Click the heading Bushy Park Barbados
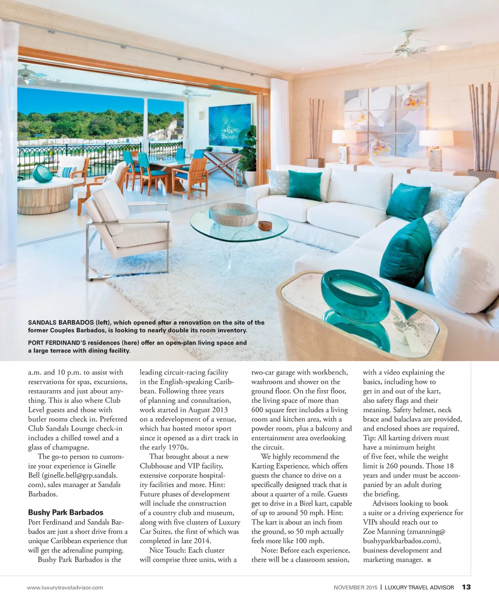pos(65,512)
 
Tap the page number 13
pos(466,587)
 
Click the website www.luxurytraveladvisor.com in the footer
pos(65,587)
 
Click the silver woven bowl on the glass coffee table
pos(233,214)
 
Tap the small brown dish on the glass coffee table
pos(265,226)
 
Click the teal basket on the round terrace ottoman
pos(42,173)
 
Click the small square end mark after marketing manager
pos(429,560)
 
